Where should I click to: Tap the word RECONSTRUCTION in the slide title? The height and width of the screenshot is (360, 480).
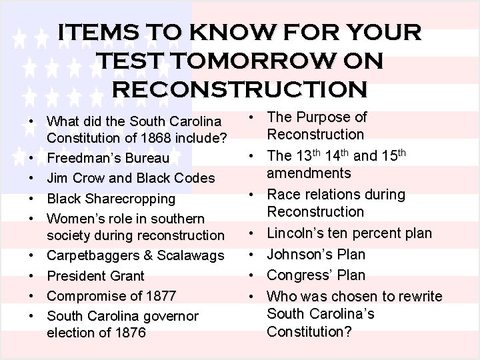pyautogui.click(x=240, y=88)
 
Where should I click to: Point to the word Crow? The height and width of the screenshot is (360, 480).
pyautogui.click(x=87, y=179)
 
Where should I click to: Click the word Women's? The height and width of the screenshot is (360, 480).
pyautogui.click(x=75, y=218)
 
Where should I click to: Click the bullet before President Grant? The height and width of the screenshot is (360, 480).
pyautogui.click(x=32, y=276)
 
